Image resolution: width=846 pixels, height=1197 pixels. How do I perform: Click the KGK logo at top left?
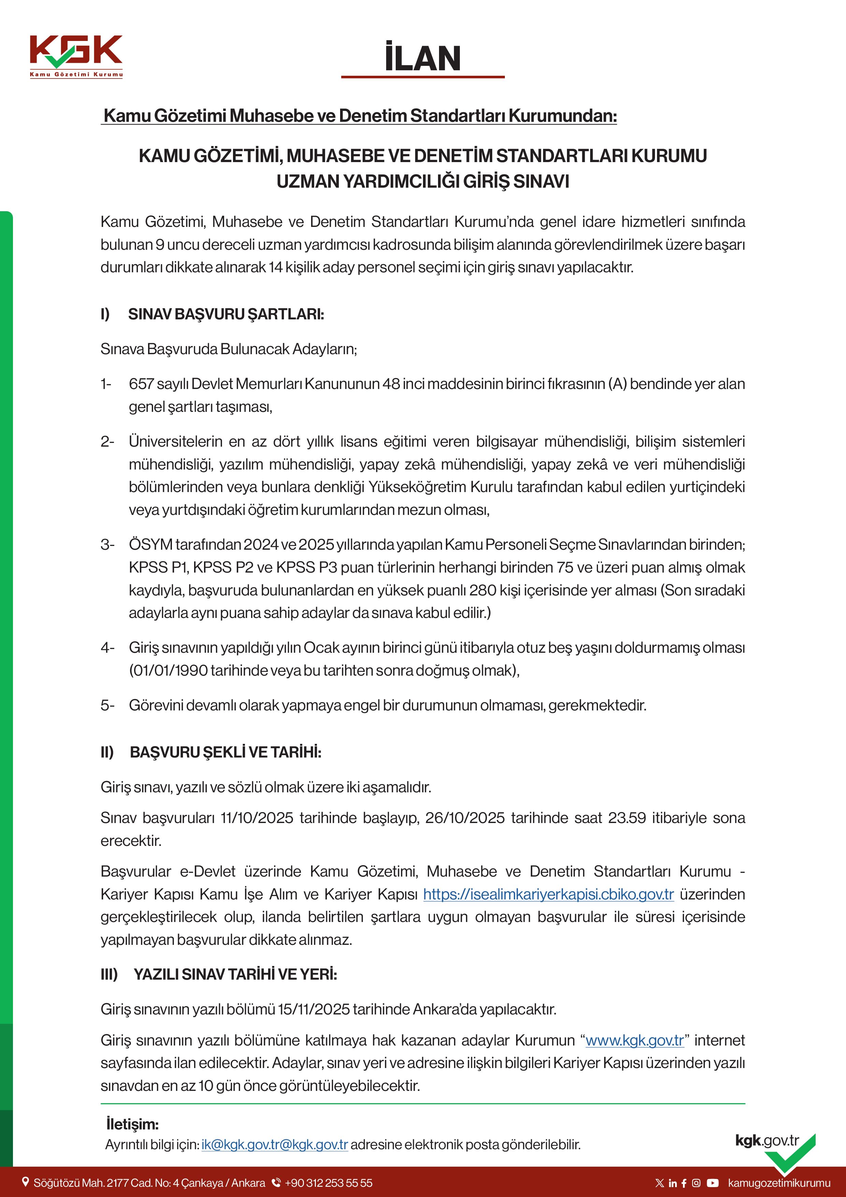[76, 56]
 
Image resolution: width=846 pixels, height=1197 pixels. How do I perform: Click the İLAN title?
[423, 58]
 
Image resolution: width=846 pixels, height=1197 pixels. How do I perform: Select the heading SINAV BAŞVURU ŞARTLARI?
[226, 314]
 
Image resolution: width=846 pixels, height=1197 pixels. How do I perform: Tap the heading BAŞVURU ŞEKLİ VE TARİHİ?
[225, 752]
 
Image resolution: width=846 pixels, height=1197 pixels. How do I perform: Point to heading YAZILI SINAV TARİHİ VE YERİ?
[235, 975]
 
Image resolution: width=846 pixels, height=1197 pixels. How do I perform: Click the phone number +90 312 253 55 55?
[329, 1183]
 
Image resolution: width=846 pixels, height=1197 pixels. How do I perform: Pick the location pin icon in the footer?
[25, 1182]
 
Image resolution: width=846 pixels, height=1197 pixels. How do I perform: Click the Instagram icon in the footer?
[696, 1183]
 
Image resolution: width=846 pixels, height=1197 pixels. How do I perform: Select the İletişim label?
[132, 1124]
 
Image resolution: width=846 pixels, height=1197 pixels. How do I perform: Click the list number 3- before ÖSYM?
[107, 545]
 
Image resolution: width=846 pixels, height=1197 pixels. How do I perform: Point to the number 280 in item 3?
[483, 590]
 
